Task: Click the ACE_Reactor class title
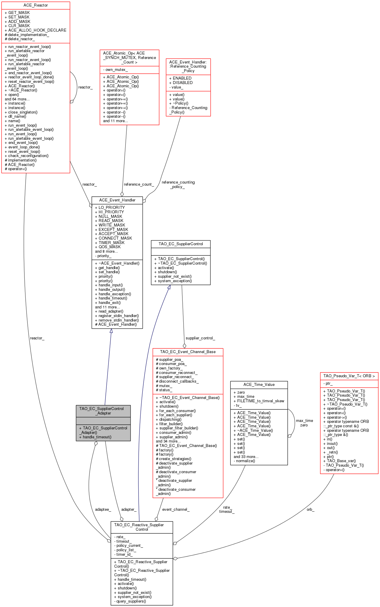tap(35, 5)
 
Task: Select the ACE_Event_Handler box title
tap(117, 200)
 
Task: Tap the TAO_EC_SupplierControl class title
tap(181, 244)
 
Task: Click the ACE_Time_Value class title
tap(259, 385)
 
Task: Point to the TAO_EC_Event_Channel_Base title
tap(188, 352)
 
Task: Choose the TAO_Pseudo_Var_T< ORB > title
tap(349, 376)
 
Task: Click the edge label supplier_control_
tap(200, 338)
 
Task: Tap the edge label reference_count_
tap(139, 184)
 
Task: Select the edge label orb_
tap(310, 510)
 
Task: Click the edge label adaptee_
tap(103, 510)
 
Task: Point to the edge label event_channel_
tap(176, 510)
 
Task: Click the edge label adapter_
tap(129, 510)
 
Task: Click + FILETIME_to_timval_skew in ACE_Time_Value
tap(259, 401)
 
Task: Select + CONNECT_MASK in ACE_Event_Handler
tap(113, 238)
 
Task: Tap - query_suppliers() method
tap(130, 601)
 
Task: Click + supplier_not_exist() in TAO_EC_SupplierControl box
tap(173, 277)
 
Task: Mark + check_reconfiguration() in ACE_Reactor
tap(27, 156)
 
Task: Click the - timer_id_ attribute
tap(123, 555)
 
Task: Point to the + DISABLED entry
tap(181, 83)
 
